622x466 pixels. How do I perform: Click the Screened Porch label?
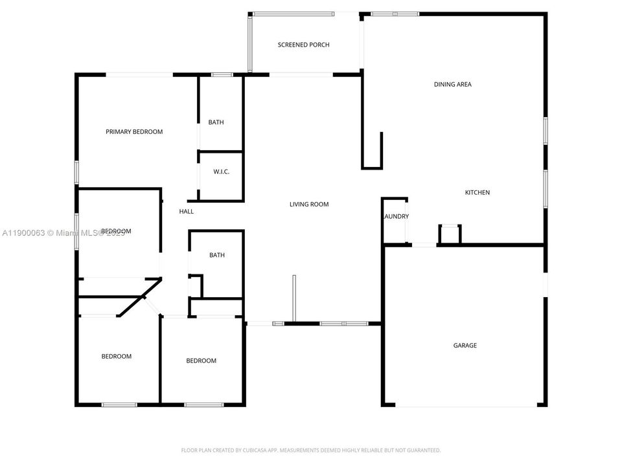click(303, 45)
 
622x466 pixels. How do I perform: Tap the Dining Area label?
click(452, 84)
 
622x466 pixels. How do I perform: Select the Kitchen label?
click(477, 192)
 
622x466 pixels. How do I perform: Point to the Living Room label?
click(308, 205)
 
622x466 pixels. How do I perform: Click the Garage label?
click(465, 346)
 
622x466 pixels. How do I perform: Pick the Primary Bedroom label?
click(134, 132)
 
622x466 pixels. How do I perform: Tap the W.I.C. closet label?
click(222, 172)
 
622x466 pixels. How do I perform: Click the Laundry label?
click(396, 217)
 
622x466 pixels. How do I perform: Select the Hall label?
click(186, 212)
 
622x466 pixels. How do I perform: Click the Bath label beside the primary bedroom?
click(216, 122)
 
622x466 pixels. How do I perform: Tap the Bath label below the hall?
click(217, 255)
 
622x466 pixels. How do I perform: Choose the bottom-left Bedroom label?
click(116, 357)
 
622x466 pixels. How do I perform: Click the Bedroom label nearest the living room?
click(201, 361)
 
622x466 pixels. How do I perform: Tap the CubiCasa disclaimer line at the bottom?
click(310, 450)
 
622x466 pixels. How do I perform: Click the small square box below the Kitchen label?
click(450, 234)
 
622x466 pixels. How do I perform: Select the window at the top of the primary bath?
click(222, 75)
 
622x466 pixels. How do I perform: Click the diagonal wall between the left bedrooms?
click(139, 298)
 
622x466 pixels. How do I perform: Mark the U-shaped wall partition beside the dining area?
click(372, 153)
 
